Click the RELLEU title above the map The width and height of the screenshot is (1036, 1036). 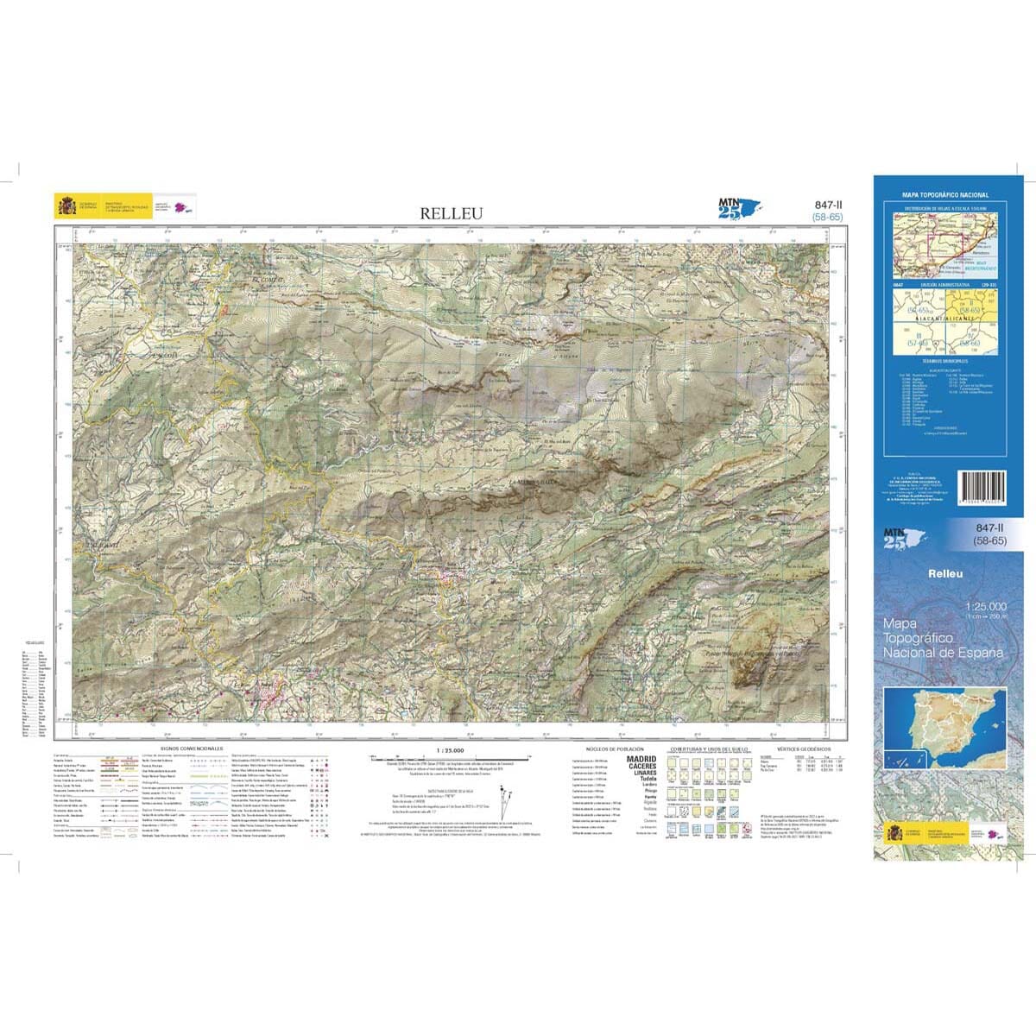[x=452, y=213]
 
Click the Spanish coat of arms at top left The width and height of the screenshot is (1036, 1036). [x=66, y=207]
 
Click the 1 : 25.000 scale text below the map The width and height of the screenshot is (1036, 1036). [x=452, y=750]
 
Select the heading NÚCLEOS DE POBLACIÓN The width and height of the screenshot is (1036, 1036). [x=614, y=749]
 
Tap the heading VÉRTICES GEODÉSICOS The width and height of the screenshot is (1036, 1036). [x=803, y=749]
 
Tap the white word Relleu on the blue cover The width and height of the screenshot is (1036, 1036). [x=945, y=573]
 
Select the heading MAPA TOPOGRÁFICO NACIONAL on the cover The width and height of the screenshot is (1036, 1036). [x=945, y=196]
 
